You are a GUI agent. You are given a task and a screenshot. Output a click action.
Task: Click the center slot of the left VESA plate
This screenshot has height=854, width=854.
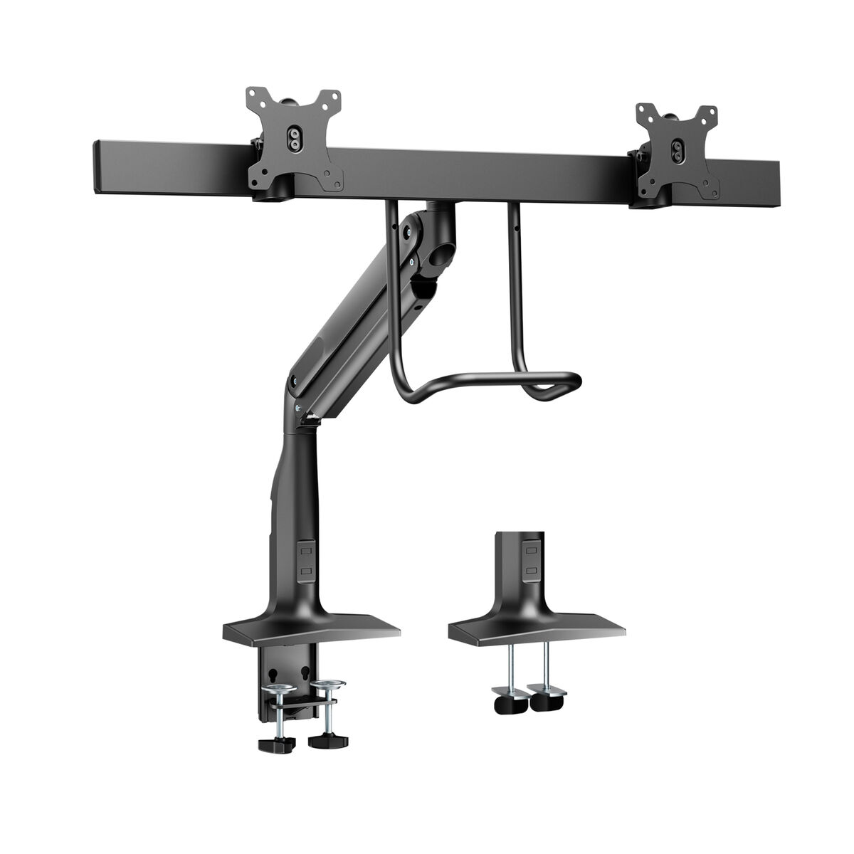pyautogui.click(x=292, y=137)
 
